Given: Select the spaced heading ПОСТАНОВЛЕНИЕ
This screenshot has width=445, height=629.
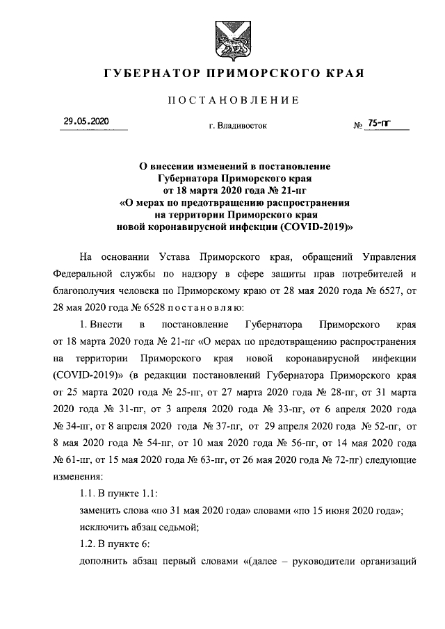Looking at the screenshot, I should point(233,101).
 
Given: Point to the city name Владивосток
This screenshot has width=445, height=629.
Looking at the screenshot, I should point(241,126).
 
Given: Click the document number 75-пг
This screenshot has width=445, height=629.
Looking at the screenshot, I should point(379,123).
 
